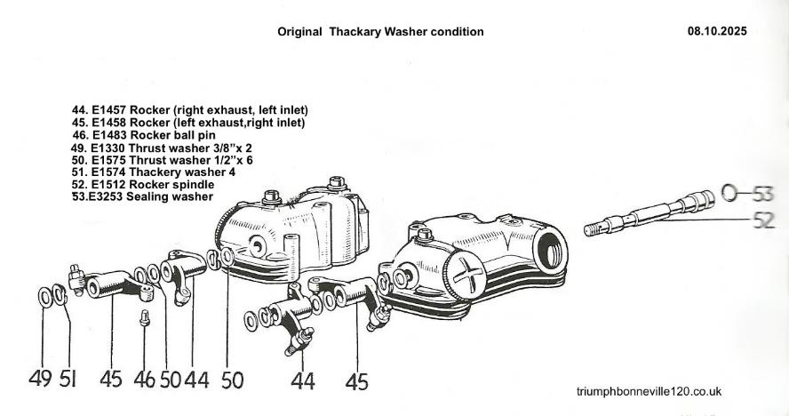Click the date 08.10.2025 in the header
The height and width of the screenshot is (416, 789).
(x=716, y=31)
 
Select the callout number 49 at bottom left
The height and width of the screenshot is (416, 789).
(x=40, y=380)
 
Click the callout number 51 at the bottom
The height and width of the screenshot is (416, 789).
(x=68, y=380)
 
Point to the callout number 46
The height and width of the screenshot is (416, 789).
(x=143, y=380)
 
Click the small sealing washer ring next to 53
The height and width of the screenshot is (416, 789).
(x=729, y=192)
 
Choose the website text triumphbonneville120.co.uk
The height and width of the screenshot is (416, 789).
(x=649, y=391)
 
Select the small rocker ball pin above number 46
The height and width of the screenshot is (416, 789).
(x=145, y=316)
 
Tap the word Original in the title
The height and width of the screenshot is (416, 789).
(x=301, y=31)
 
